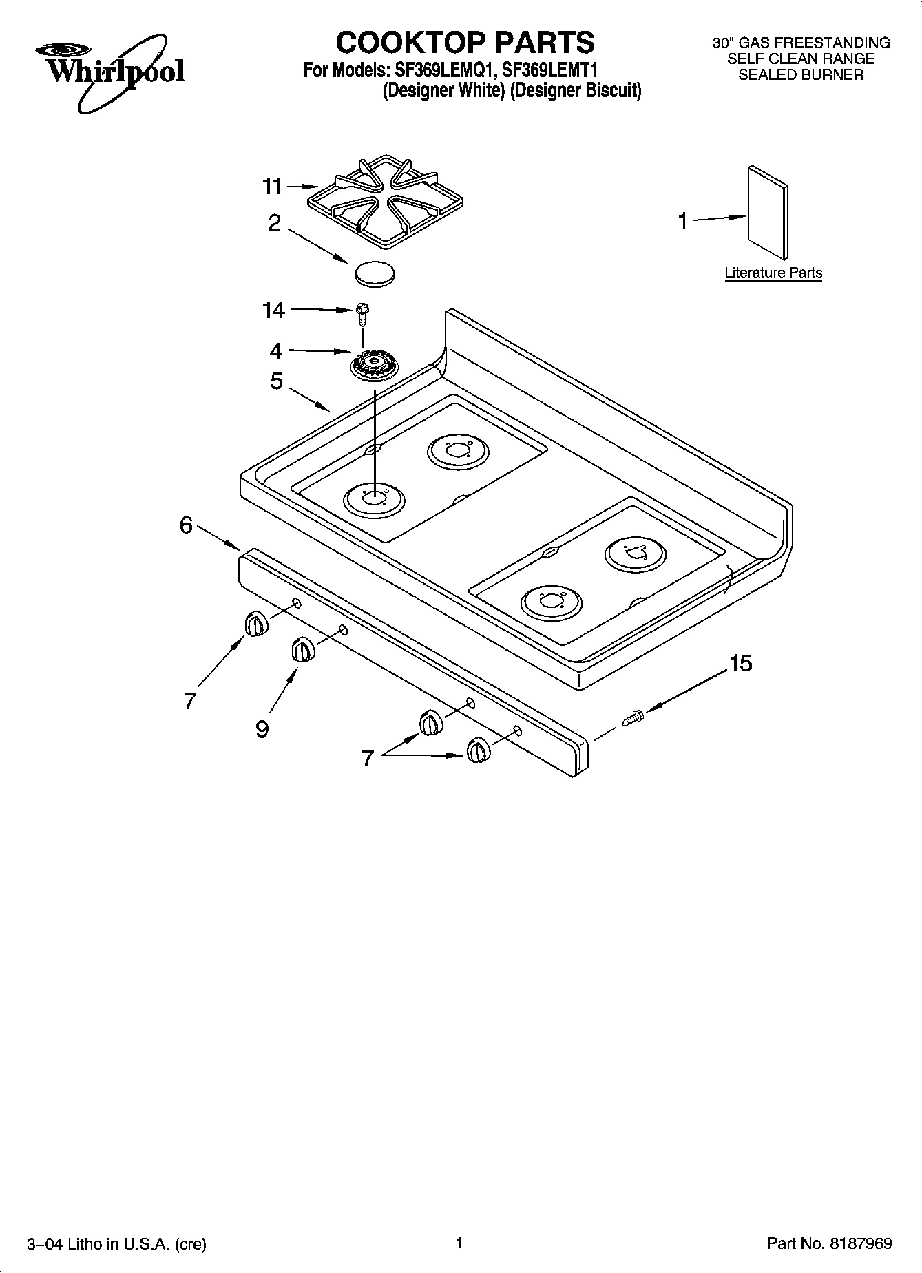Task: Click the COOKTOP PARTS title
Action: pyautogui.click(x=465, y=42)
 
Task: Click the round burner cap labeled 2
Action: pyautogui.click(x=375, y=273)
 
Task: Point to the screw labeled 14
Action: pyautogui.click(x=362, y=312)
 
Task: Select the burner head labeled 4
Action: pyautogui.click(x=372, y=364)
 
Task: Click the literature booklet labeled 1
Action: pyautogui.click(x=767, y=212)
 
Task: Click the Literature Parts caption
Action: pyautogui.click(x=773, y=273)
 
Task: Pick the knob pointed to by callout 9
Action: pyautogui.click(x=302, y=649)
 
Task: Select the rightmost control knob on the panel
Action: pyautogui.click(x=477, y=750)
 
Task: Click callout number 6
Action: pyautogui.click(x=186, y=525)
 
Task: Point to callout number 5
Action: pyautogui.click(x=276, y=380)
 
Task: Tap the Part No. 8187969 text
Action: pyautogui.click(x=829, y=1243)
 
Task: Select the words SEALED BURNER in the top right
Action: pyautogui.click(x=800, y=75)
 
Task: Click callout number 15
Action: pyautogui.click(x=740, y=664)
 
